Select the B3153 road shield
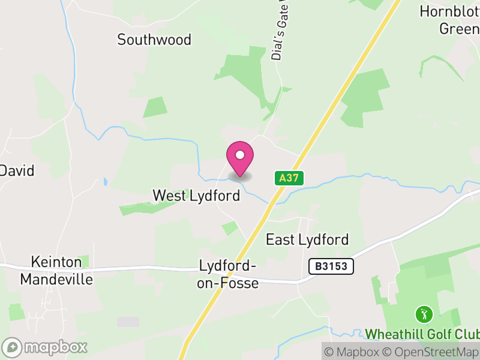point(331,266)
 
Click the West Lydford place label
point(196,196)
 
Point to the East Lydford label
point(307,240)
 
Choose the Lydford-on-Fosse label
point(228,274)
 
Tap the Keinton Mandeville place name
point(57,271)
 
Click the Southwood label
point(154,40)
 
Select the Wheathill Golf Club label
point(422,334)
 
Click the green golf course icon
point(424,314)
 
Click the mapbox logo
point(46,347)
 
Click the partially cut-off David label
point(17,170)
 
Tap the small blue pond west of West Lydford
point(106,181)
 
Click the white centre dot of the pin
point(240,155)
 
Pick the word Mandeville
point(57,280)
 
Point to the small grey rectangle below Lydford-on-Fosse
point(128,322)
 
